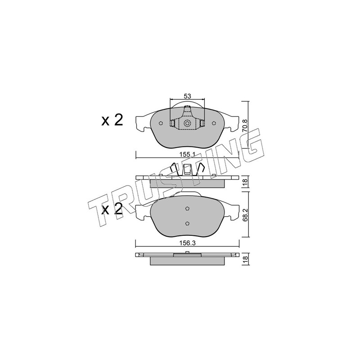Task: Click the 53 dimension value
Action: click(187, 96)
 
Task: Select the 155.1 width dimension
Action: click(187, 155)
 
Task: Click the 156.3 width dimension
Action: click(188, 243)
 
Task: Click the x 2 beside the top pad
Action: click(112, 120)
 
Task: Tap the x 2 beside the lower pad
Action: click(112, 209)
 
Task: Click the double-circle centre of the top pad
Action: click(187, 123)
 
